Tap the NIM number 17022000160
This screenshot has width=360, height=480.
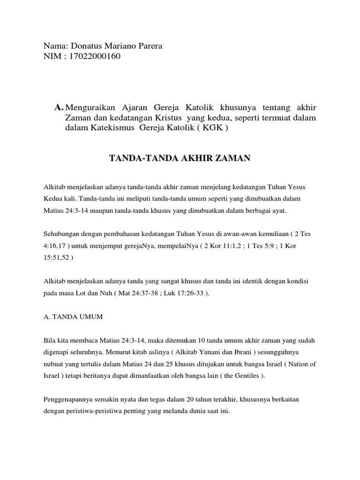94,57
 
